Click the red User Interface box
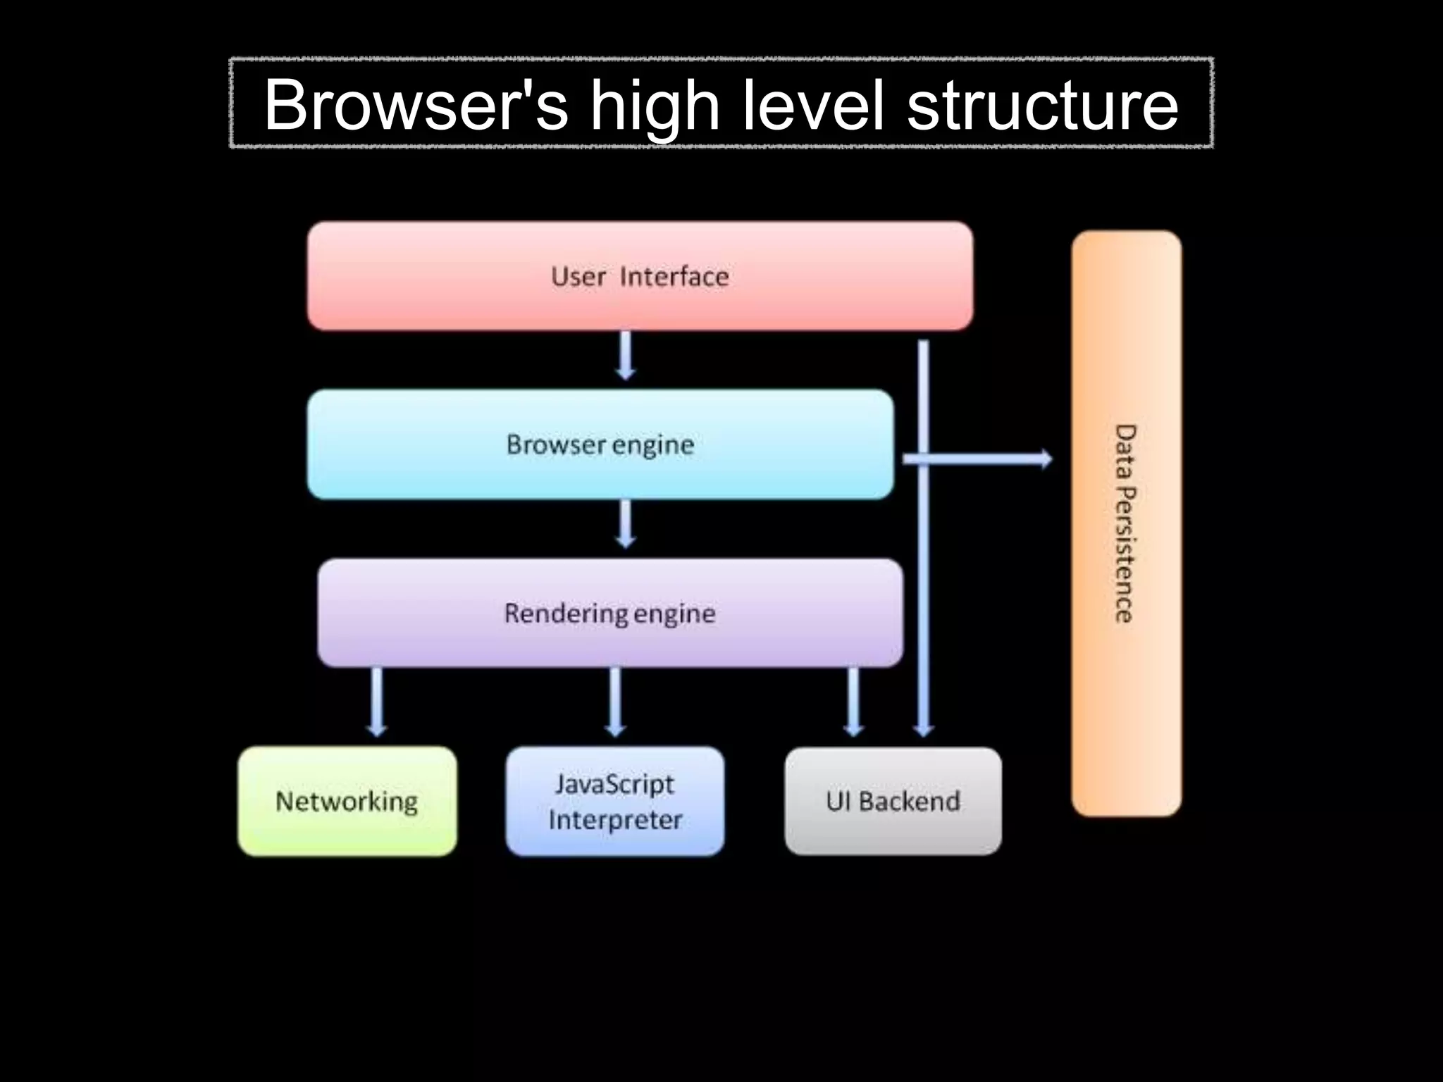click(x=640, y=276)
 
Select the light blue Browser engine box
click(x=600, y=444)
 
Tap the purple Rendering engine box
click(x=610, y=613)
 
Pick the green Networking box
click(x=347, y=802)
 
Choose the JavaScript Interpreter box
click(x=614, y=802)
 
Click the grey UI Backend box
click(x=893, y=802)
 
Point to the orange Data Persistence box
click(x=1126, y=523)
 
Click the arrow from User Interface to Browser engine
click(x=626, y=356)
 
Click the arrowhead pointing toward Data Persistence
click(x=1046, y=459)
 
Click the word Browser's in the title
click(x=416, y=105)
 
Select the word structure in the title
click(x=1042, y=105)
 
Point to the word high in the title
click(x=655, y=105)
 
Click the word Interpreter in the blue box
click(x=615, y=820)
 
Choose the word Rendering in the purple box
click(x=566, y=614)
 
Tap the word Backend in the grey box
click(x=909, y=802)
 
